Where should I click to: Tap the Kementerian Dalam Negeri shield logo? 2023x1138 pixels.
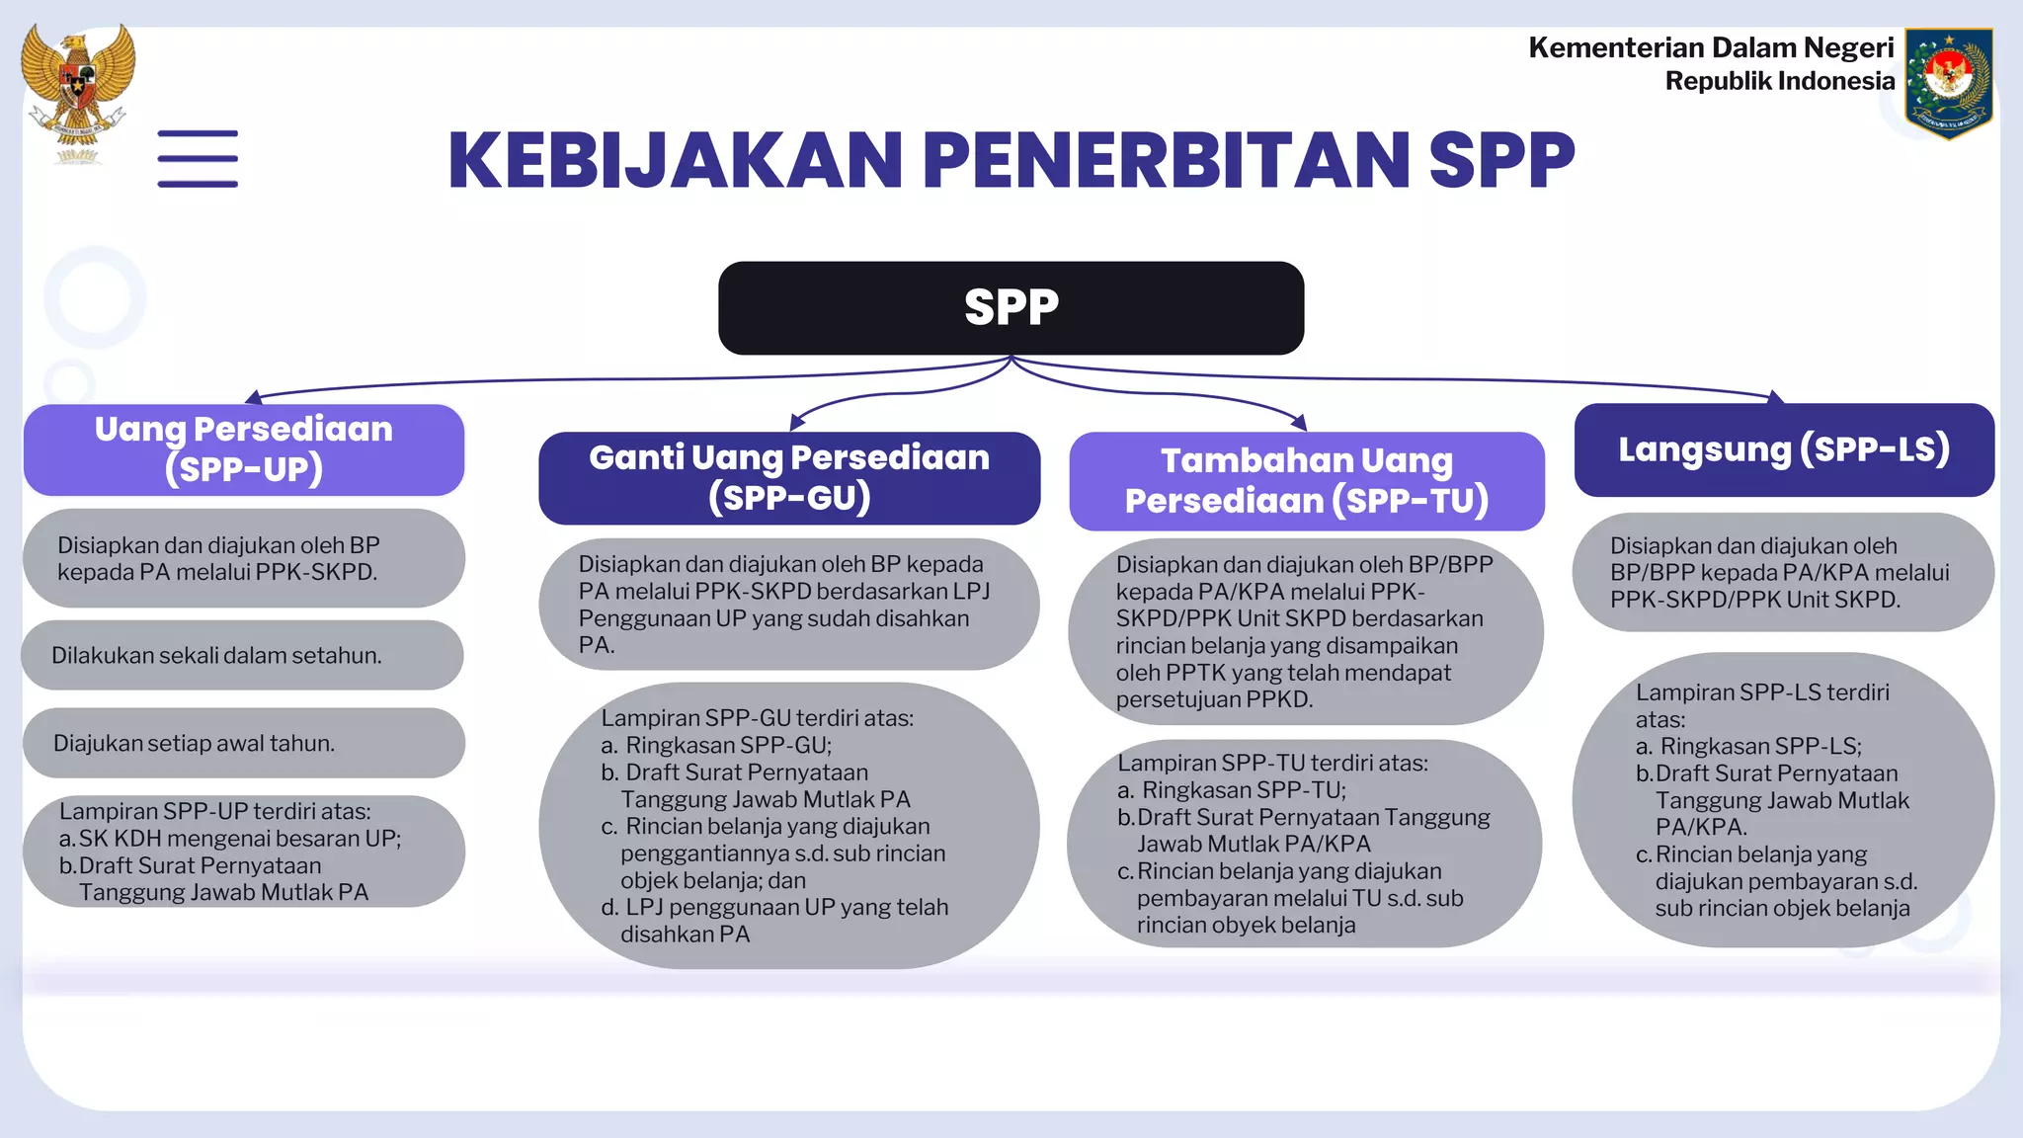point(1948,83)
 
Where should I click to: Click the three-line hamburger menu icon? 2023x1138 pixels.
point(198,158)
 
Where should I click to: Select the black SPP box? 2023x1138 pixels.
point(1011,307)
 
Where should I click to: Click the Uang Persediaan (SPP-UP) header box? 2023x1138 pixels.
point(244,449)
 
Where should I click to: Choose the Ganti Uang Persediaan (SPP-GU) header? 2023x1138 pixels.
point(789,478)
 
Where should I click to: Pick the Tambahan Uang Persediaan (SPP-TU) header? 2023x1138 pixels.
point(1306,481)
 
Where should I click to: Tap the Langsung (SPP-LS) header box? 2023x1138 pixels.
point(1783,449)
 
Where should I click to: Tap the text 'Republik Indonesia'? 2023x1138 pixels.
point(1779,81)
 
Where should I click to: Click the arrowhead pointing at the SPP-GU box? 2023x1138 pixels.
point(796,424)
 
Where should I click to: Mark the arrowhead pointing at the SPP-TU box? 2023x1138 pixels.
point(1300,422)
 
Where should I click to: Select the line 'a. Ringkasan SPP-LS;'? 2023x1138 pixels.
point(1748,746)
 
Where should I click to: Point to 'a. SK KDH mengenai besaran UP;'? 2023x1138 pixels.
point(230,839)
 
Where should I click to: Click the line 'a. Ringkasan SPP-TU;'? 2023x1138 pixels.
point(1232,790)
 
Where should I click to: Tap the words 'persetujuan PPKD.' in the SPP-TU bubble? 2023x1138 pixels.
point(1214,699)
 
